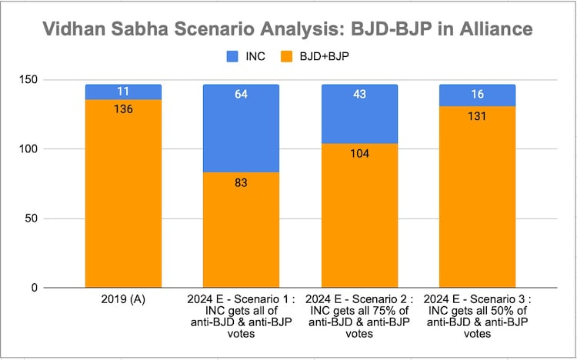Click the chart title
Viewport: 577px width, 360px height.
[288, 30]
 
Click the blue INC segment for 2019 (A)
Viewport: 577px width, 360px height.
[123, 92]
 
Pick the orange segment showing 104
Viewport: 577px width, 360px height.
[359, 215]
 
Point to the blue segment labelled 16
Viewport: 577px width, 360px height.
[477, 95]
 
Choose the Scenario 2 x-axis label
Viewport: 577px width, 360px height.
[359, 314]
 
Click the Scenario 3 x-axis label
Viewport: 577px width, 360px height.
[477, 314]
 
